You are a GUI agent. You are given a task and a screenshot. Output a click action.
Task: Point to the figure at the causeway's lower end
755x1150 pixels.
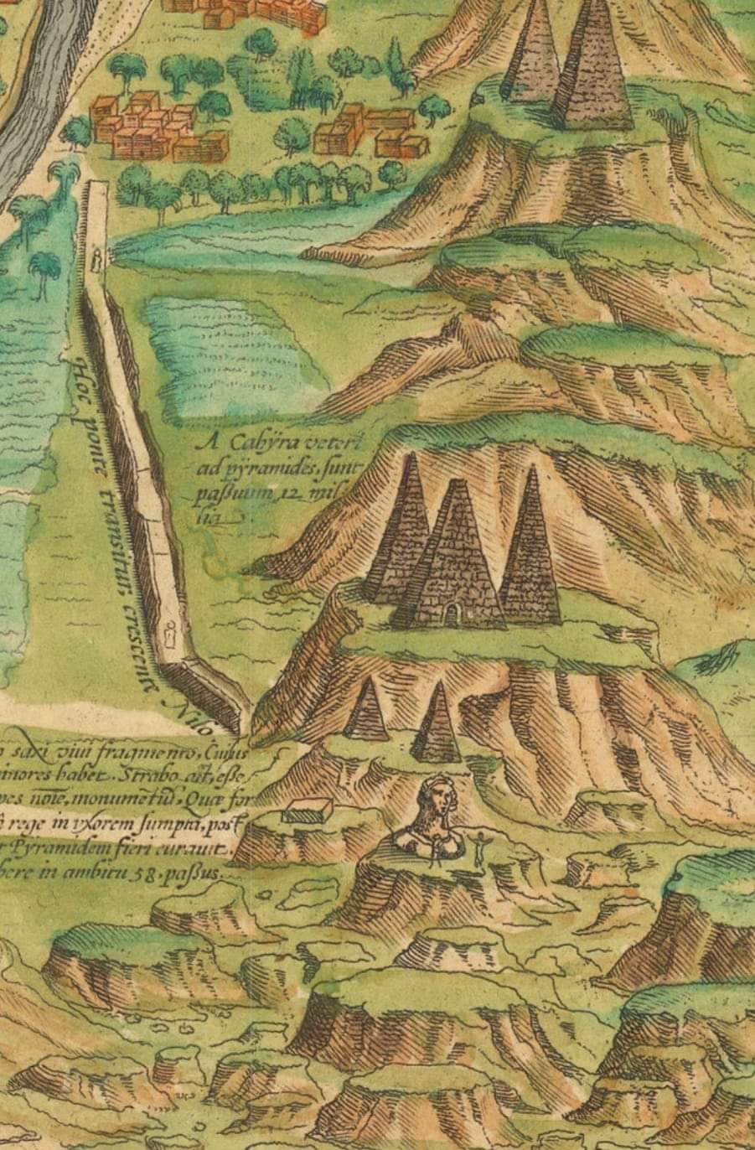173,638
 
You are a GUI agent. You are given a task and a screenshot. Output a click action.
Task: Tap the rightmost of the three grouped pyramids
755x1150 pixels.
530,553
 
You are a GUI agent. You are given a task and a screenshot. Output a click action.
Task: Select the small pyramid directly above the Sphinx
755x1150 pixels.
437,724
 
